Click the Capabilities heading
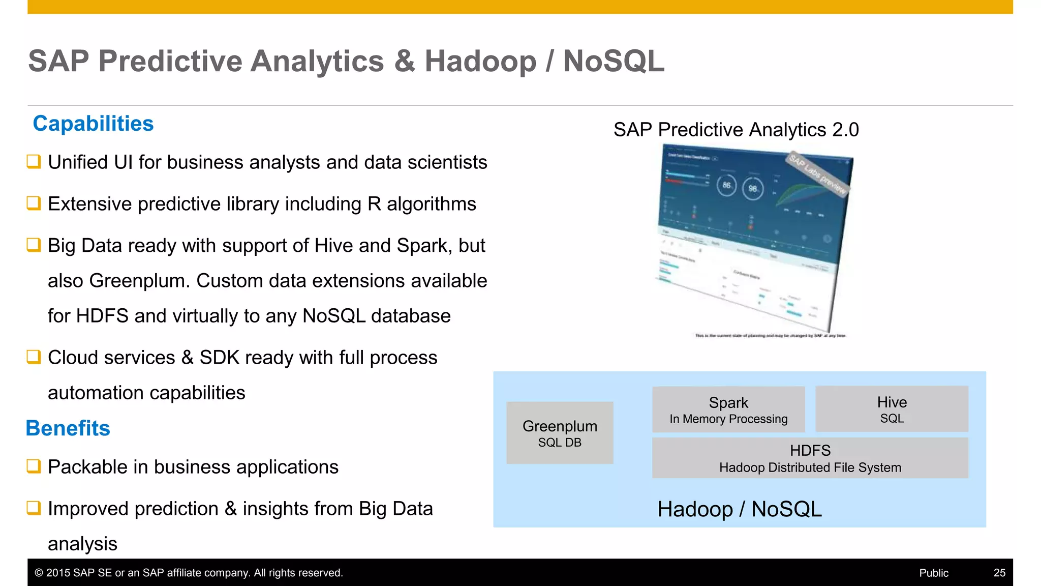[x=93, y=124]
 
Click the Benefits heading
[x=68, y=428]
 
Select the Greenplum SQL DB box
[x=560, y=433]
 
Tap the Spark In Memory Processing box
[x=728, y=409]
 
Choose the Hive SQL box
[x=892, y=409]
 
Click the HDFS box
[x=810, y=458]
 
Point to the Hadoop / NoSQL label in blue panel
[x=739, y=509]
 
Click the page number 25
[x=999, y=573]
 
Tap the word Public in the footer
[x=933, y=573]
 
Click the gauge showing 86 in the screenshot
[x=726, y=185]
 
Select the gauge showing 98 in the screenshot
[x=753, y=188]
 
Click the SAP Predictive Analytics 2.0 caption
[x=736, y=130]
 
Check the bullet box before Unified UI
[x=34, y=162]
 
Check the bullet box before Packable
[x=34, y=466]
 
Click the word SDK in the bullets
[x=219, y=358]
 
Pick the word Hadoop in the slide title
[x=480, y=61]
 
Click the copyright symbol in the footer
[x=39, y=573]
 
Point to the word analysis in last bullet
[x=82, y=544]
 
